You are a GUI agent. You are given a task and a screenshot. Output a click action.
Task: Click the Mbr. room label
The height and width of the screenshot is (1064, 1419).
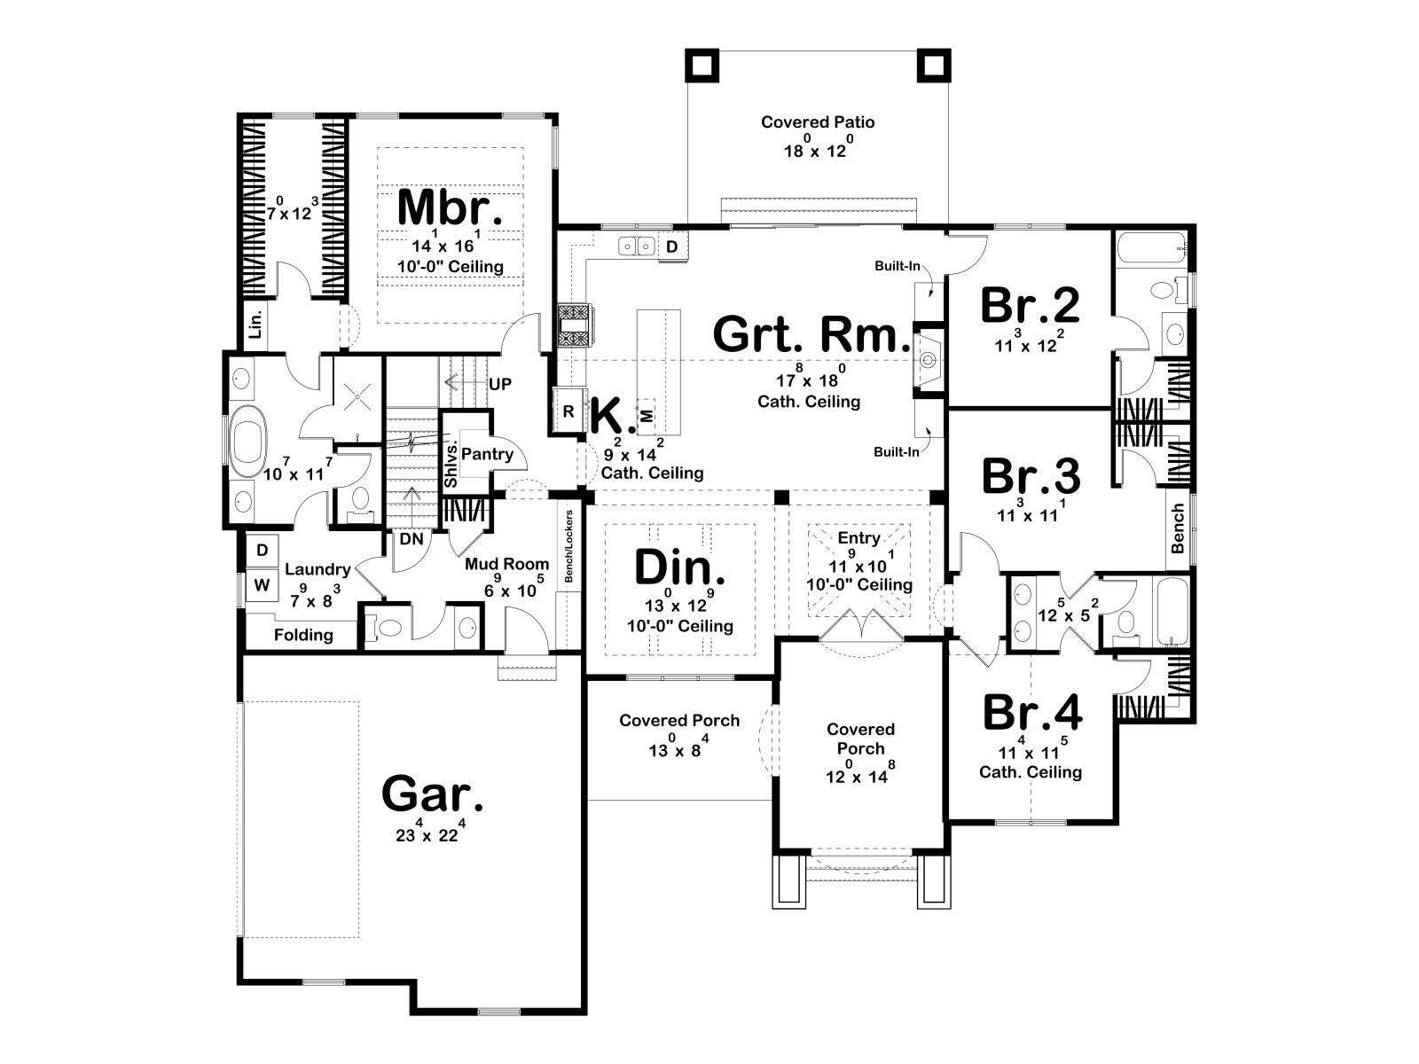point(450,207)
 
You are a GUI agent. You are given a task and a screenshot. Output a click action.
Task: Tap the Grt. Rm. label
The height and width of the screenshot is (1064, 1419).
point(811,334)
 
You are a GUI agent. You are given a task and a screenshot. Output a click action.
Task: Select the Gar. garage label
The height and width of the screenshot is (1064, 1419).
point(432,794)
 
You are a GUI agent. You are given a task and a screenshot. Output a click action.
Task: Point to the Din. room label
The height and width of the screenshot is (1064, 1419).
point(679,567)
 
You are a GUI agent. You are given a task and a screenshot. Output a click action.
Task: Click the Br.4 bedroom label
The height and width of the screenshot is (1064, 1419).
point(1031,713)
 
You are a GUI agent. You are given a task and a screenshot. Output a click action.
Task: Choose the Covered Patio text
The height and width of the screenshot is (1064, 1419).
point(817,122)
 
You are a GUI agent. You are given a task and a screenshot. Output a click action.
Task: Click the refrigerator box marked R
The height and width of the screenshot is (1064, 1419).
point(568,411)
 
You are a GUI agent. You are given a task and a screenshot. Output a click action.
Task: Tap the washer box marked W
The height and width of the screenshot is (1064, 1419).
point(261,585)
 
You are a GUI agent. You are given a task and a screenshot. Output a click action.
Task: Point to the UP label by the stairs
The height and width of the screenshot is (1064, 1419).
point(499,385)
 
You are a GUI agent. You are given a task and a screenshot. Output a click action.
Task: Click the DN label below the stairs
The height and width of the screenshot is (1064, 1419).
point(412,538)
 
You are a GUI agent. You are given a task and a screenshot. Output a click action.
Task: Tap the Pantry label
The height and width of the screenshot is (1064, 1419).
point(487,454)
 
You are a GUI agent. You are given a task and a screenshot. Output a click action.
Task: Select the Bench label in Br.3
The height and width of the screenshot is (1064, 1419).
point(1177,528)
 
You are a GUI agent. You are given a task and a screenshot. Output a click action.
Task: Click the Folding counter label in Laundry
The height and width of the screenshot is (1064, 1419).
point(303,634)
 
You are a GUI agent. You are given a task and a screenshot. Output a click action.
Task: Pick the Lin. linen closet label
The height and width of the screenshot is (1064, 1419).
point(256,324)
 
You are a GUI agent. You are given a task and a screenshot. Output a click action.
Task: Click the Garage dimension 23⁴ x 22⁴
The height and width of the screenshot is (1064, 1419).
point(430,831)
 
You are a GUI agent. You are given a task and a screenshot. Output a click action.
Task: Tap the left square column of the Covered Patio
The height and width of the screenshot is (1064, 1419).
point(702,66)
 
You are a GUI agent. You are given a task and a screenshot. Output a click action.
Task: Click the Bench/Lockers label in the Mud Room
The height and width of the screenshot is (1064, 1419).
point(568,546)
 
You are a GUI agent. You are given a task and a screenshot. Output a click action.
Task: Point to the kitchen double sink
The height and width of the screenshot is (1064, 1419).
point(637,246)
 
